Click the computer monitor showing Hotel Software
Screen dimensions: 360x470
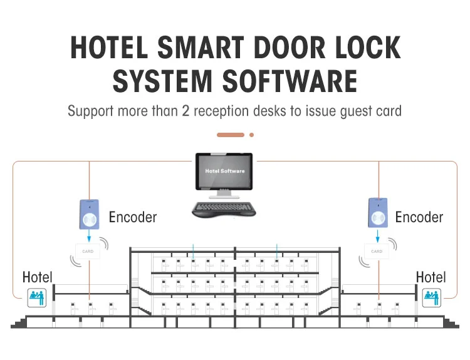tap(224, 172)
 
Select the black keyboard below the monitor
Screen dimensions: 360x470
tap(224, 209)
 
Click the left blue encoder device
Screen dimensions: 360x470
tap(90, 213)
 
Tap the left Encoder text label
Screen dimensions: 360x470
tap(133, 217)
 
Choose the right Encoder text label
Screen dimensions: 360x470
tap(419, 217)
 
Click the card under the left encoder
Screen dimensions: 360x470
tap(89, 252)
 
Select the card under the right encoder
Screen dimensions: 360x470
tap(377, 252)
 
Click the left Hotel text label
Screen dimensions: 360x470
tap(38, 277)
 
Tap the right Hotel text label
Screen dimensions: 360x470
tap(431, 277)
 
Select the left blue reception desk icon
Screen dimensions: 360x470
tap(36, 296)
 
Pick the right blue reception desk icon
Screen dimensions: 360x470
tap(432, 296)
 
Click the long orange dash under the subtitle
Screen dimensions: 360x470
tap(230, 135)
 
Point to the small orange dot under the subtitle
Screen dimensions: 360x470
tap(251, 135)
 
